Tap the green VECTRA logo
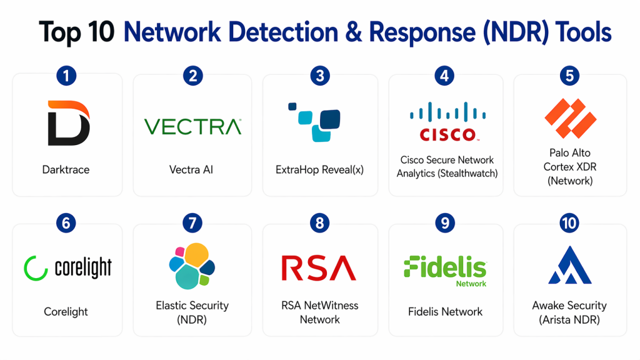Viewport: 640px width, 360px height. click(x=192, y=127)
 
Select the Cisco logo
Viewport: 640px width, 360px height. click(x=446, y=122)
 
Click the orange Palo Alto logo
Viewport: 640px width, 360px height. click(x=569, y=119)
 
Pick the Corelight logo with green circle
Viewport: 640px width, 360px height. click(x=67, y=267)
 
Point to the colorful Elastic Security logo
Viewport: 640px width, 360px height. click(x=192, y=266)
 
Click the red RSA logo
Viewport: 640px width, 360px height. click(x=319, y=267)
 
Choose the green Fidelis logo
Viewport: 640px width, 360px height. click(x=446, y=269)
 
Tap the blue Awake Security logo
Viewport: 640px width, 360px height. click(x=569, y=266)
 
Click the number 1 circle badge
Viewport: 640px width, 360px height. click(x=66, y=76)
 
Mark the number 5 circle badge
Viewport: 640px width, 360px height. click(x=569, y=76)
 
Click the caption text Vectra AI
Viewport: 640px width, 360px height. click(x=192, y=169)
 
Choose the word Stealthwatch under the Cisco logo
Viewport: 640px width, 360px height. click(x=467, y=173)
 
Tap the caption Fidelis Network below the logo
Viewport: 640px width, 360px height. click(x=446, y=311)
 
